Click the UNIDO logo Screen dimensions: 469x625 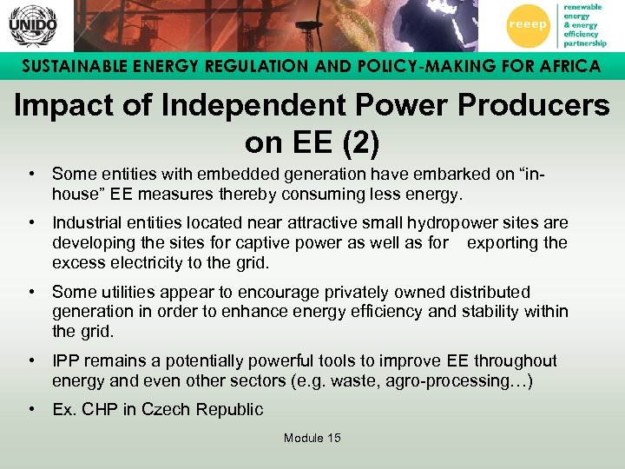click(32, 26)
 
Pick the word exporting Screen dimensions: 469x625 click(503, 242)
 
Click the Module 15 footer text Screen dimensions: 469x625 click(312, 437)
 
